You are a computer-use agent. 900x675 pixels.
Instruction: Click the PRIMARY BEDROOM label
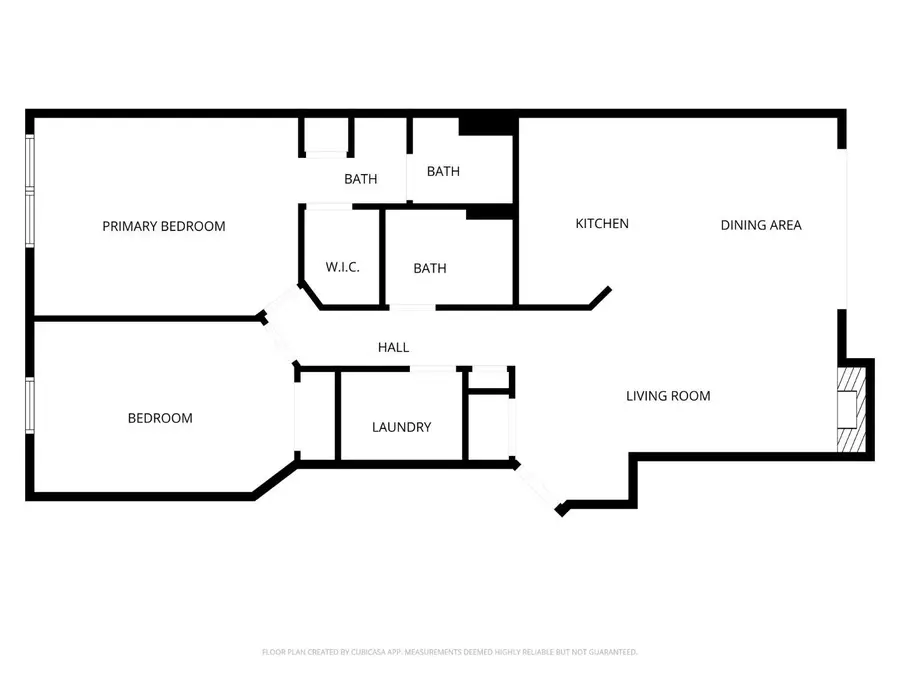pyautogui.click(x=164, y=226)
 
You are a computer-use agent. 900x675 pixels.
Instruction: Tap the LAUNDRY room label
pyautogui.click(x=401, y=427)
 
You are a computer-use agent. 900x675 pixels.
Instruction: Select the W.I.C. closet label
pyautogui.click(x=342, y=268)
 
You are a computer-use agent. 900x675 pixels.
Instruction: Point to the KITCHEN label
pyautogui.click(x=602, y=224)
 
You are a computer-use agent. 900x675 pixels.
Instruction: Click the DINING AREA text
pyautogui.click(x=761, y=225)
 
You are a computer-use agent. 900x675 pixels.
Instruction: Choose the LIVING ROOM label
pyautogui.click(x=668, y=396)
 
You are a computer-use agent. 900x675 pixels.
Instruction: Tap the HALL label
pyautogui.click(x=393, y=347)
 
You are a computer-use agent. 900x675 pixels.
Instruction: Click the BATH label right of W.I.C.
pyautogui.click(x=430, y=268)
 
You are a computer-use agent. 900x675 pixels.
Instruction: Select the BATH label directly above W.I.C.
pyautogui.click(x=361, y=180)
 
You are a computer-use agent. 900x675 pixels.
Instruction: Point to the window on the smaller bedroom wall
pyautogui.click(x=30, y=405)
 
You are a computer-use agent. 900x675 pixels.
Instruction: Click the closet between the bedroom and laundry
pyautogui.click(x=317, y=415)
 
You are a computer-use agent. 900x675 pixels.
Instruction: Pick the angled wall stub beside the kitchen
pyautogui.click(x=600, y=297)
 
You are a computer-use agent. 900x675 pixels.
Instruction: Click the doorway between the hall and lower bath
pyautogui.click(x=412, y=307)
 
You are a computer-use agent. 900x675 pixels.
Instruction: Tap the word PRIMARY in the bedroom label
pyautogui.click(x=130, y=226)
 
